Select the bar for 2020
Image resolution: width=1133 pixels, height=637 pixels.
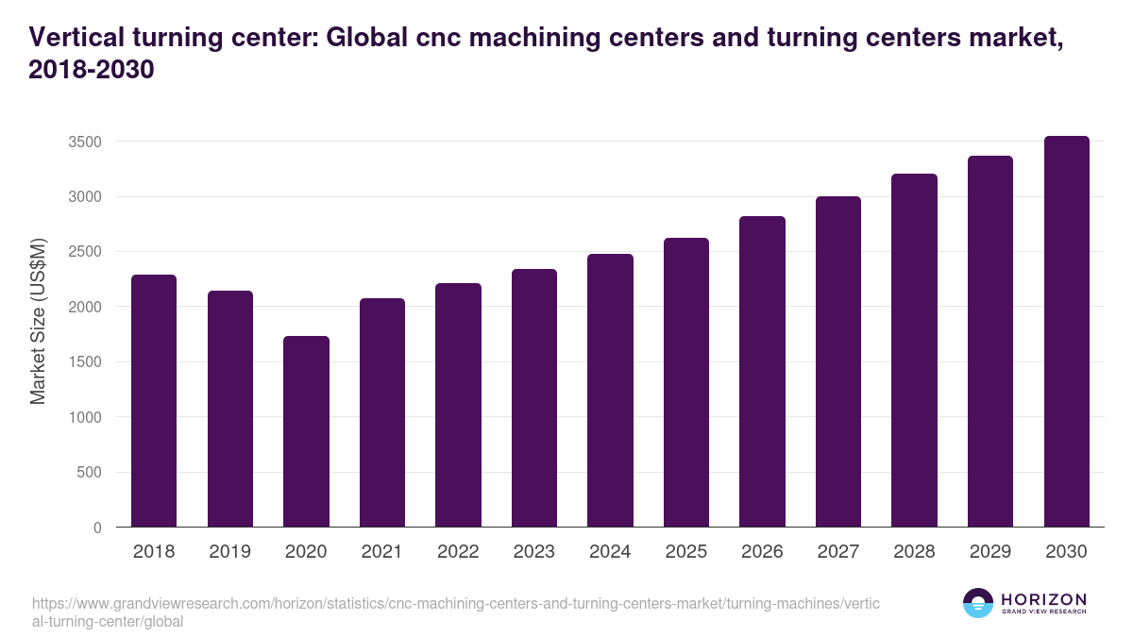pyautogui.click(x=306, y=431)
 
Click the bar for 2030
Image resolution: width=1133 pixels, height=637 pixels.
pyautogui.click(x=1067, y=331)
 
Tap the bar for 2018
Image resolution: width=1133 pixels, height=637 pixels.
pyautogui.click(x=154, y=400)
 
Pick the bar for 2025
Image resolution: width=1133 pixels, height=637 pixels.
pyautogui.click(x=686, y=382)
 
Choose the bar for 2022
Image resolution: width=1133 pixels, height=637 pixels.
pyautogui.click(x=458, y=405)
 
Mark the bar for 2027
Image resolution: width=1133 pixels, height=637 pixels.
pyautogui.click(x=838, y=361)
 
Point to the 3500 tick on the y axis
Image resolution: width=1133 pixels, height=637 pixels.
pyautogui.click(x=85, y=142)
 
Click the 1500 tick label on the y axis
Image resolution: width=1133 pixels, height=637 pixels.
pyautogui.click(x=85, y=362)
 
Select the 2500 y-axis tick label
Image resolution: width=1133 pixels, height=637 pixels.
pyautogui.click(x=85, y=252)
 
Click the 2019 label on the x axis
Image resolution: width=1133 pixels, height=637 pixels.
pyautogui.click(x=230, y=552)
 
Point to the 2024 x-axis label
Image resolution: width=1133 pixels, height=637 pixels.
pyautogui.click(x=610, y=552)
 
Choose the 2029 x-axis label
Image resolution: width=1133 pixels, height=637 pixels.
pyautogui.click(x=990, y=552)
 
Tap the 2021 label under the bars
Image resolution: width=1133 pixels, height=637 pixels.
pyautogui.click(x=382, y=552)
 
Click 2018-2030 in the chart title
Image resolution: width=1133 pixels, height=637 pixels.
pyautogui.click(x=92, y=70)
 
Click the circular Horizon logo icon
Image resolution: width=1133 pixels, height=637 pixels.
pyautogui.click(x=978, y=603)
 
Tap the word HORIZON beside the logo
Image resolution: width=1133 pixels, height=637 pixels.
pyautogui.click(x=1043, y=599)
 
